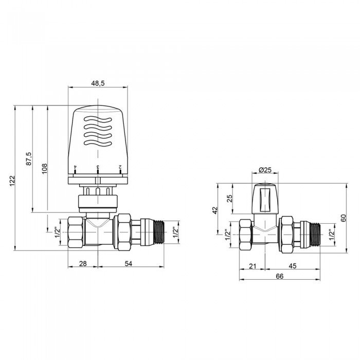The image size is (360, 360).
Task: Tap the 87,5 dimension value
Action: [29, 158]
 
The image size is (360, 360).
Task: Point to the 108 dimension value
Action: [44, 168]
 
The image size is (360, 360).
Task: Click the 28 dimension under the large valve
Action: [83, 263]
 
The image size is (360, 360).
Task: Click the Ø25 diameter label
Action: [265, 170]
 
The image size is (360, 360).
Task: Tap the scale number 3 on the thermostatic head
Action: [98, 167]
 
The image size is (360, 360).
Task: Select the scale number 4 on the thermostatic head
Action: [75, 167]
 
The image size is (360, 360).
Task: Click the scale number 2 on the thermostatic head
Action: [120, 167]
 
